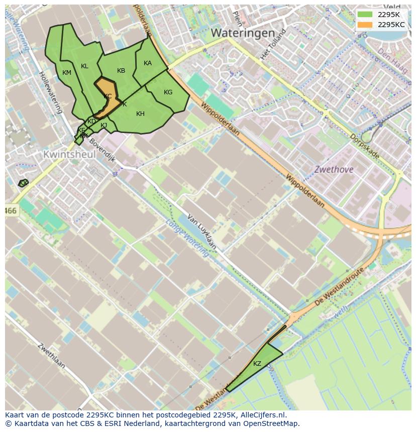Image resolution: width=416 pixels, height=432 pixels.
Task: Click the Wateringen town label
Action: point(243,33)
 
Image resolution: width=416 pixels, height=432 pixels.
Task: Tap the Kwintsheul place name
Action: point(69,155)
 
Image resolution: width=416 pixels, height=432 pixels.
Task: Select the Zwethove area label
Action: point(334,170)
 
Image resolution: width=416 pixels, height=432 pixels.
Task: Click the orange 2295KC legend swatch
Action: point(365,25)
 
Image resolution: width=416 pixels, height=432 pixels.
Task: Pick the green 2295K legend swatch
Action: point(365,14)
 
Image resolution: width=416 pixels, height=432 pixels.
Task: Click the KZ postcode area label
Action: point(257,364)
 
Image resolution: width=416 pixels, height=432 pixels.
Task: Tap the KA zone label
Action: point(148,63)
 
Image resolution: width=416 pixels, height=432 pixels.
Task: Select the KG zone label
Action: point(168,92)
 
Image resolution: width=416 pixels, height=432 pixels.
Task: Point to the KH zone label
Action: point(140,114)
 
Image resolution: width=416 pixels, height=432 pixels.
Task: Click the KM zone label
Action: point(67,73)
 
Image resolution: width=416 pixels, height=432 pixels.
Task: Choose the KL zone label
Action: point(84,66)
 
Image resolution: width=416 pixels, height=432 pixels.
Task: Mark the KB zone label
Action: point(121,71)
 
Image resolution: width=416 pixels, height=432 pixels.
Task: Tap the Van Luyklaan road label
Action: point(201,231)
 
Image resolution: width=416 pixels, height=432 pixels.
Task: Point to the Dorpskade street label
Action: point(364,146)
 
